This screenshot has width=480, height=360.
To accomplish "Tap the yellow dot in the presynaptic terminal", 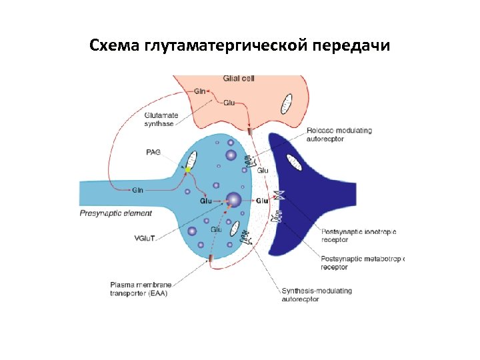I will [x=188, y=169].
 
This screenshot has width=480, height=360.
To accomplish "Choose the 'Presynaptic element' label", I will [x=116, y=213].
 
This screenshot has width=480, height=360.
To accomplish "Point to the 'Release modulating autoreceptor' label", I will [x=339, y=134].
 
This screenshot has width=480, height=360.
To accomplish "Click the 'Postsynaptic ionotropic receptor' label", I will [x=358, y=235].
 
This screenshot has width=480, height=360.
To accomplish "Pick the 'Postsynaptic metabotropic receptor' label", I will [x=363, y=263].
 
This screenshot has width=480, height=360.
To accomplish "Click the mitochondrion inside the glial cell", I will [x=287, y=103].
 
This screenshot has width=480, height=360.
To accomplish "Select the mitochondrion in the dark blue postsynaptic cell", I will [x=293, y=162].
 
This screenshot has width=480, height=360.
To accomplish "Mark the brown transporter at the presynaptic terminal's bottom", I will [x=211, y=257].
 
